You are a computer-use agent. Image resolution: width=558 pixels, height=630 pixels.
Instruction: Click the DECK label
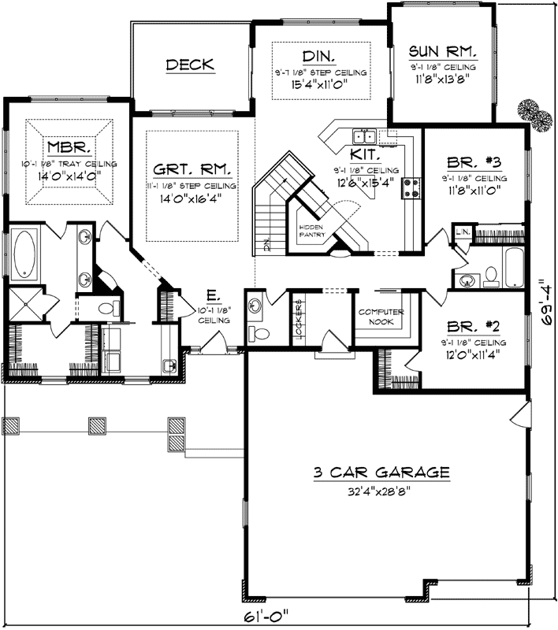pyautogui.click(x=190, y=65)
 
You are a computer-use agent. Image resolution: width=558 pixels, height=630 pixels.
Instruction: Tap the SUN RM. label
pyautogui.click(x=441, y=52)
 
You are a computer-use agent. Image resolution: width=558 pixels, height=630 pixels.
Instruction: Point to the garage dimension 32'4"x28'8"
pyautogui.click(x=381, y=493)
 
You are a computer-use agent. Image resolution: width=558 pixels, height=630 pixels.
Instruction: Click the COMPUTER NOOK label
pyautogui.click(x=381, y=317)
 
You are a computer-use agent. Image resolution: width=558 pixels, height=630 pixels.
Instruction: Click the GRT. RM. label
pyautogui.click(x=192, y=168)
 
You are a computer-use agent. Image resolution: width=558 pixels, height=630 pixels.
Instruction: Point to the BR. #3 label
pyautogui.click(x=474, y=163)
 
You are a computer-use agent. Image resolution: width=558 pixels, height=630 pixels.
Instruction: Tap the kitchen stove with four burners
pyautogui.click(x=411, y=187)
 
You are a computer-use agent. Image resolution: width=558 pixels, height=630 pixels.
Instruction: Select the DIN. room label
pyautogui.click(x=320, y=56)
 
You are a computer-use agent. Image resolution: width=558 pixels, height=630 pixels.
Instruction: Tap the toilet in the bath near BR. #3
pyautogui.click(x=490, y=275)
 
